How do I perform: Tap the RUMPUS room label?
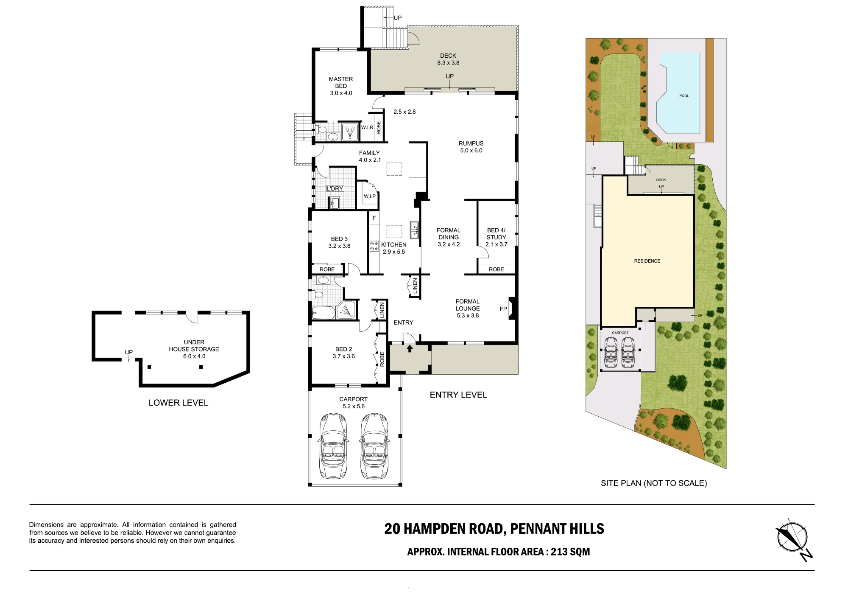(x=471, y=143)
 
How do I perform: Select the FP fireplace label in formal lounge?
(x=503, y=309)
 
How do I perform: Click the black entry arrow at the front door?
(x=410, y=348)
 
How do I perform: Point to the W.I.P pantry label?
(x=370, y=196)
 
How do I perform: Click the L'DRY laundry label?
(x=335, y=188)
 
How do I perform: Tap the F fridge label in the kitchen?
(x=374, y=218)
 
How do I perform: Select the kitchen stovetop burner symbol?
(x=374, y=246)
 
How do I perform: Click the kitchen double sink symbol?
(x=414, y=230)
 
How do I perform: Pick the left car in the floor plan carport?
(x=333, y=446)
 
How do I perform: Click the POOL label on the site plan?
(x=684, y=96)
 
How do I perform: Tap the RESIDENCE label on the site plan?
(x=647, y=261)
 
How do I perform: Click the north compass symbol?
(x=793, y=539)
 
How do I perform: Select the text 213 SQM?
(x=570, y=552)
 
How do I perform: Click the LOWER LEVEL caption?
(x=179, y=403)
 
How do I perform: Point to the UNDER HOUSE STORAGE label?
(x=194, y=346)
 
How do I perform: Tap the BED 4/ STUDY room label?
(x=497, y=234)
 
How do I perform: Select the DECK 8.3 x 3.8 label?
(x=448, y=59)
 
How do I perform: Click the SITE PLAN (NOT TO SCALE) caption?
(x=654, y=483)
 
